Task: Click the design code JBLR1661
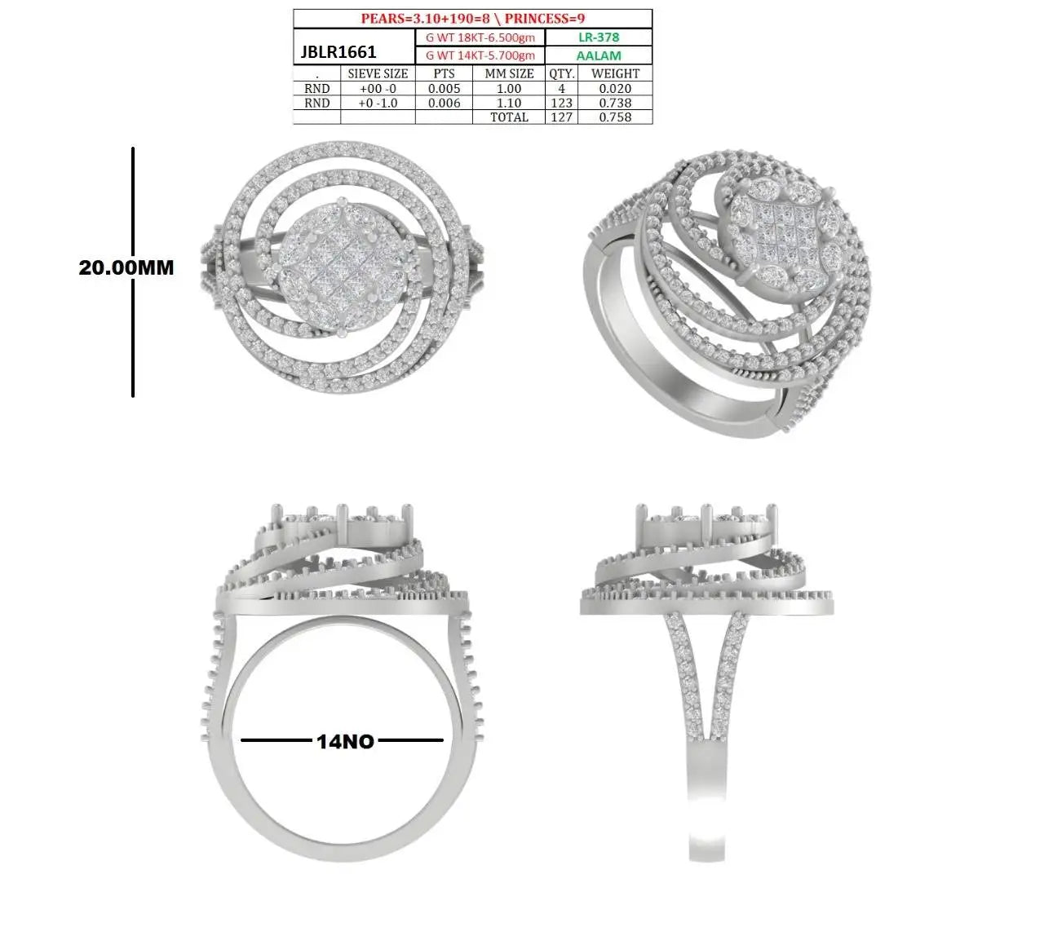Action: [x=338, y=52]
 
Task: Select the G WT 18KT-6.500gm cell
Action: [x=480, y=38]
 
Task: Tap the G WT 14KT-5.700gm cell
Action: [x=480, y=55]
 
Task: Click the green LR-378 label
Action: [x=599, y=38]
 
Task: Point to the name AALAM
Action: [x=599, y=55]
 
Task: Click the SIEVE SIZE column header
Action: [x=378, y=73]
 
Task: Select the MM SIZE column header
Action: [x=509, y=73]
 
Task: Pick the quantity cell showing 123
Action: [x=561, y=103]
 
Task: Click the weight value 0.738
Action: [x=615, y=103]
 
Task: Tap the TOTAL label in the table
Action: [x=509, y=117]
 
